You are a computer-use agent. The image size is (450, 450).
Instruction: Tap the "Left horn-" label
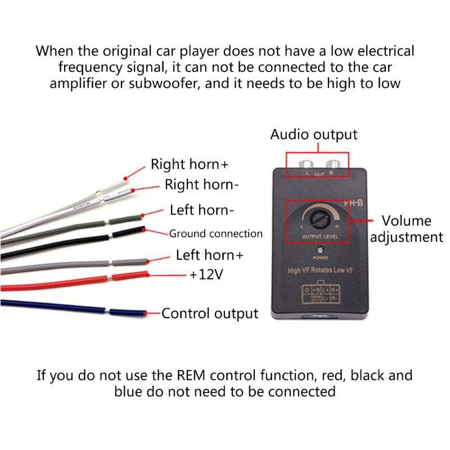click(x=201, y=210)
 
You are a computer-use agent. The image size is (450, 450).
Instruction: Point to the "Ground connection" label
click(x=215, y=233)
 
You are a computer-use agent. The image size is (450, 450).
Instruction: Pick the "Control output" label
click(x=210, y=313)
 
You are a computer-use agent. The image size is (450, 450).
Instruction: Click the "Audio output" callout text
click(x=313, y=135)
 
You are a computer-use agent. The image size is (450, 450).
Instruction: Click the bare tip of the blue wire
click(x=145, y=313)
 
